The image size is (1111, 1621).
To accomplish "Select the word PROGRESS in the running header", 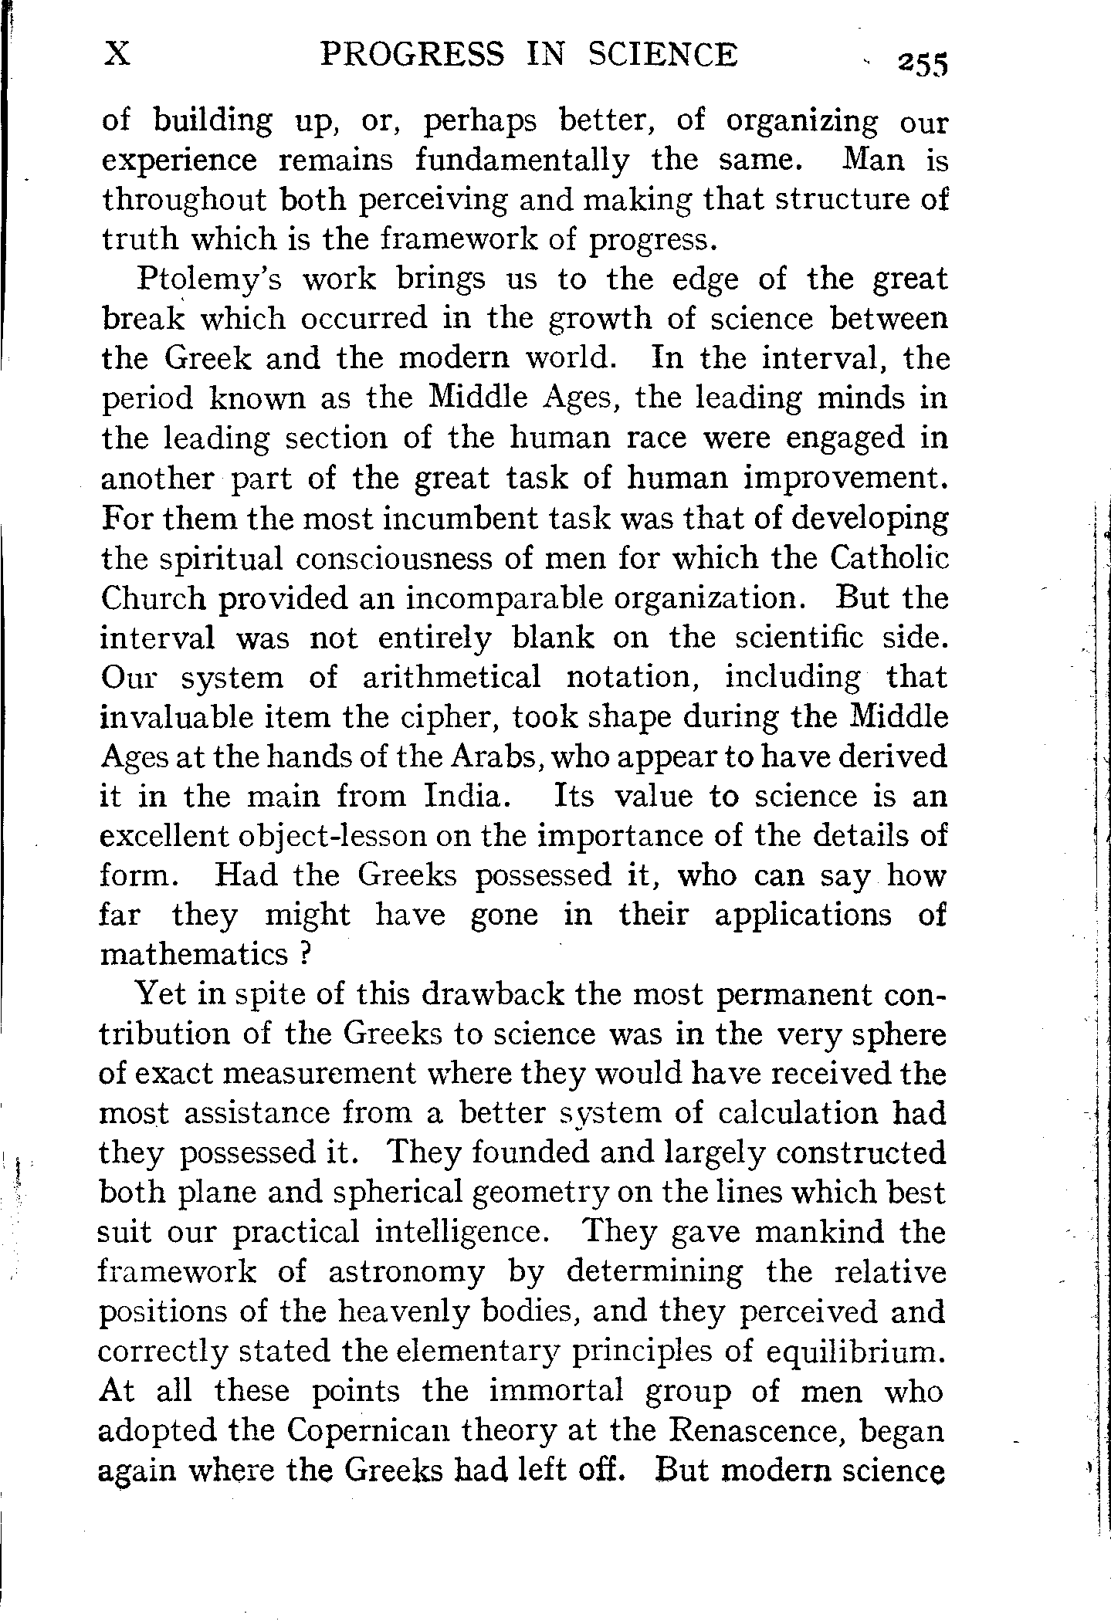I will (x=412, y=55).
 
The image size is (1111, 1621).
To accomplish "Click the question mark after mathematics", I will (x=303, y=956).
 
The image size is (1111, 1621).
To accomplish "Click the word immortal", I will (x=556, y=1391).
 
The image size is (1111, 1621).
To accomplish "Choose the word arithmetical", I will (x=452, y=678).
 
